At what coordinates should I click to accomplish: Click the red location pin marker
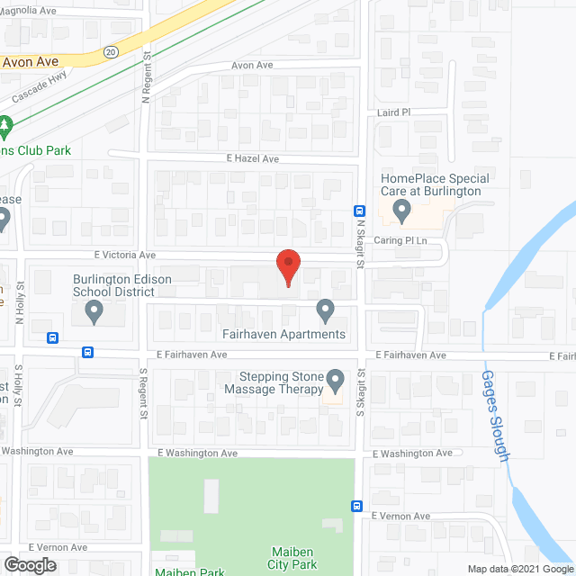click(287, 267)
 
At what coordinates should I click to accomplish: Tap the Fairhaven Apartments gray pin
click(326, 312)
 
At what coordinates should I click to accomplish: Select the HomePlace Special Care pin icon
click(402, 212)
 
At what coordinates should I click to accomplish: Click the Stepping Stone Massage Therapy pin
click(335, 381)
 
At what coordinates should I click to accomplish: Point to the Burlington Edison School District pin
click(93, 312)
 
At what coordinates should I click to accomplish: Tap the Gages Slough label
click(496, 416)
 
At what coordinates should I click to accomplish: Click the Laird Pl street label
click(393, 112)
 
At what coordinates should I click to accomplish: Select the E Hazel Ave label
click(253, 158)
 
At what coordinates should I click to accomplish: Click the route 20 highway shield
click(111, 51)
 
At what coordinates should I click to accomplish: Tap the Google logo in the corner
click(29, 564)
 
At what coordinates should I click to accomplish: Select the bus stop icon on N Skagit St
click(358, 212)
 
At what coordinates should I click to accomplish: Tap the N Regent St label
click(145, 78)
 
